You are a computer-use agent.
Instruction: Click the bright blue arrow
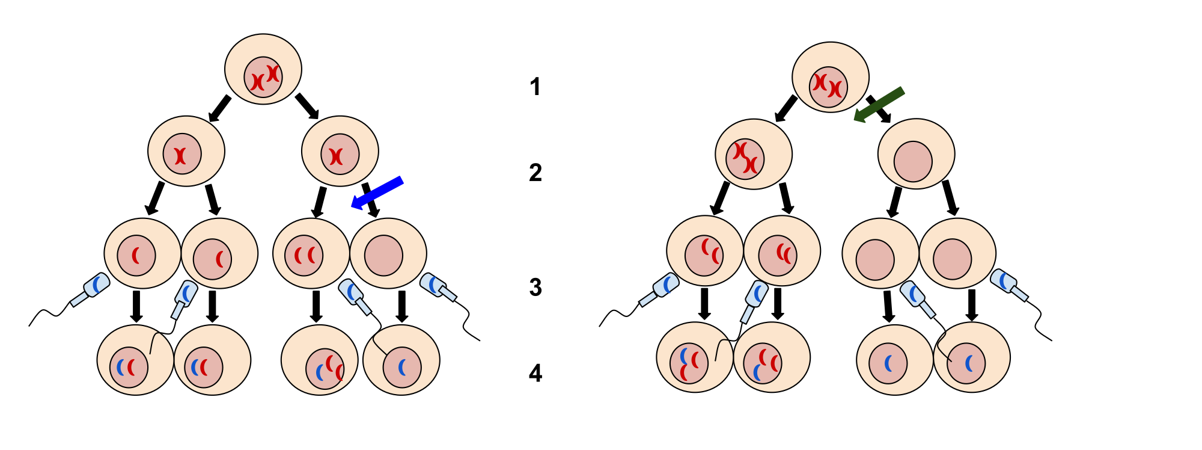pyautogui.click(x=377, y=193)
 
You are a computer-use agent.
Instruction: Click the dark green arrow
pyautogui.click(x=879, y=105)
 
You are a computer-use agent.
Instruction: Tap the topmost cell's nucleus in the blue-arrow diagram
pyautogui.click(x=263, y=77)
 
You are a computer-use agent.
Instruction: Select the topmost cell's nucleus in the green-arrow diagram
pyautogui.click(x=828, y=87)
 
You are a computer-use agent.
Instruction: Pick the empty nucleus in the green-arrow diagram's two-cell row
pyautogui.click(x=913, y=161)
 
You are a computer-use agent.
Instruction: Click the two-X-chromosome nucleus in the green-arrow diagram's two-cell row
pyautogui.click(x=745, y=159)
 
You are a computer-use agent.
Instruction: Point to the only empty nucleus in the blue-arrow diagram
pyautogui.click(x=383, y=256)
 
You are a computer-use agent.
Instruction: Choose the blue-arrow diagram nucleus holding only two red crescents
pyautogui.click(x=304, y=256)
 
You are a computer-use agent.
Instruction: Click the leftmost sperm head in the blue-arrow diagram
pyautogui.click(x=96, y=285)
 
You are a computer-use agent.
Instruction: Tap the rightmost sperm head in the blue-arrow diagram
pyautogui.click(x=433, y=285)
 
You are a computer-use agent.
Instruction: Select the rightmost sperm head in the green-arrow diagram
pyautogui.click(x=1003, y=280)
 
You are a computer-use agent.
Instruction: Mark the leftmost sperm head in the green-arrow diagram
pyautogui.click(x=666, y=285)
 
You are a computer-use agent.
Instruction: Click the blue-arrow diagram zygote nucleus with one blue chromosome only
pyautogui.click(x=402, y=367)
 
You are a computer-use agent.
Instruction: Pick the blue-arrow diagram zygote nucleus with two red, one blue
pyautogui.click(x=325, y=369)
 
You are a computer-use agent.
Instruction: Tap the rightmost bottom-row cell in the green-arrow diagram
pyautogui.click(x=972, y=357)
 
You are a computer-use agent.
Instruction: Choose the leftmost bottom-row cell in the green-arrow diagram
pyautogui.click(x=695, y=357)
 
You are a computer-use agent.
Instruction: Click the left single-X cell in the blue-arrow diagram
pyautogui.click(x=186, y=151)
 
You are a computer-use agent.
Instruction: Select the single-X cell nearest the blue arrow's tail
pyautogui.click(x=340, y=151)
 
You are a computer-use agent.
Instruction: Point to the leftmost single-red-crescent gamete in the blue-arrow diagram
pyautogui.click(x=142, y=253)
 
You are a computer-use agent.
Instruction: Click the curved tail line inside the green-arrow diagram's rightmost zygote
pyautogui.click(x=941, y=347)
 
